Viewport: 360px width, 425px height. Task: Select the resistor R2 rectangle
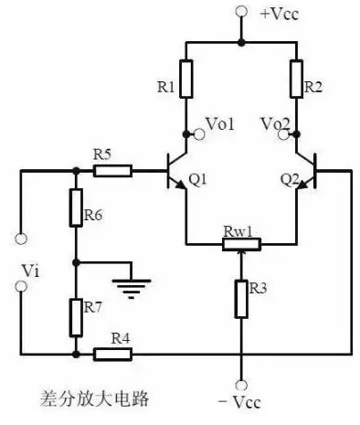(296, 78)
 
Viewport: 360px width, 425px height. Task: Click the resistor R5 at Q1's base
(113, 169)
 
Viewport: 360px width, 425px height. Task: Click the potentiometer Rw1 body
(241, 244)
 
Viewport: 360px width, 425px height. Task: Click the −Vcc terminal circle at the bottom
(241, 386)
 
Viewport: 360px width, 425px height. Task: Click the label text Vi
(32, 271)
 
